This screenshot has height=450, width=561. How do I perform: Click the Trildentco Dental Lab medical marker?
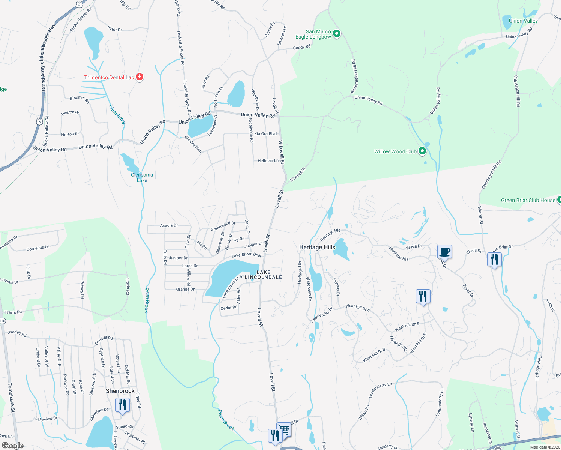tap(139, 77)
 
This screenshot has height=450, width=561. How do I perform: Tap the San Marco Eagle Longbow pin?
tap(337, 34)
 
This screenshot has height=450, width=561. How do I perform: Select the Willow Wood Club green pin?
tap(422, 151)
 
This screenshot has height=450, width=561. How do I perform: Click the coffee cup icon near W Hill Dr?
tap(444, 251)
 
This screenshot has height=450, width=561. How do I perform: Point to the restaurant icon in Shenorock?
tap(122, 405)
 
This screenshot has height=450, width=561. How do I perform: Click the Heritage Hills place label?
tap(317, 247)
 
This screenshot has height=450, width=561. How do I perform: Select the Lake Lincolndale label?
tap(263, 274)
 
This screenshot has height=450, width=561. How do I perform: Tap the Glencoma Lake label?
tap(142, 177)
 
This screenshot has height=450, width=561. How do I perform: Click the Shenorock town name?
tap(120, 391)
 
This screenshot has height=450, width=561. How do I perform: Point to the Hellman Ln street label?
tap(268, 160)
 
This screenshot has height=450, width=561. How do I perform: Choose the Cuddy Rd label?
tap(302, 47)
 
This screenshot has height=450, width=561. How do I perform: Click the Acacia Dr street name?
tap(169, 225)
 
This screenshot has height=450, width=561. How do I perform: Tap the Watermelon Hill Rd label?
tap(354, 76)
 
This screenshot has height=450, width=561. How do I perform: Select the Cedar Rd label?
tap(229, 308)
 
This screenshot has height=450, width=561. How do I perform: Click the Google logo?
tap(12, 445)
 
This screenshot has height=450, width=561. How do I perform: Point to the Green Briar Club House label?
tap(528, 200)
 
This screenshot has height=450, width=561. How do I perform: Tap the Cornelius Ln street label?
tap(38, 248)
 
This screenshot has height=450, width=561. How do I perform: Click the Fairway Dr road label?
tap(336, 287)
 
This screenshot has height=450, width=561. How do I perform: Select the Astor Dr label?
tap(114, 28)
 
